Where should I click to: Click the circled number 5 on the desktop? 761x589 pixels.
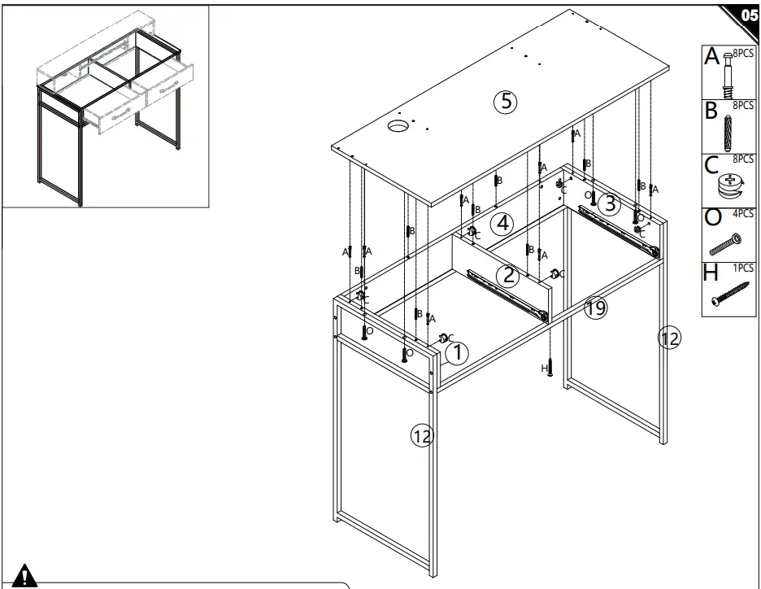coord(505,102)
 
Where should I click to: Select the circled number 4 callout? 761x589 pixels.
coord(502,224)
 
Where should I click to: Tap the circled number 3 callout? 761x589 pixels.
coord(609,203)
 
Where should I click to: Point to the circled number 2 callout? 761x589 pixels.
coord(507,275)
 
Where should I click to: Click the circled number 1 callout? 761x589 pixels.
coord(457,353)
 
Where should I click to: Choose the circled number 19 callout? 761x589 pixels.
coord(595,308)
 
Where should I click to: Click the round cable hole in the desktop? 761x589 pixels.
coord(398,127)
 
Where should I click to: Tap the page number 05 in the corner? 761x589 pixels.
coord(749,15)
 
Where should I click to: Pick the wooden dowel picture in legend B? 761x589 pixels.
coord(728,133)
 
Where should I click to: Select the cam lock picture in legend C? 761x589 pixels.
coord(730,186)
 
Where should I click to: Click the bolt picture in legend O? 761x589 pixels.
coord(725,244)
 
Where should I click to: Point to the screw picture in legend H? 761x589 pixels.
coord(730,294)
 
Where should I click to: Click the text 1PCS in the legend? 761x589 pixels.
coord(743,268)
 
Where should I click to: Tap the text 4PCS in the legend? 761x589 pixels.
coord(743,214)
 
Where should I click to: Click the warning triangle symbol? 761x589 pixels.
coord(24,575)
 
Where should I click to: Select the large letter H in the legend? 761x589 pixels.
coord(711,273)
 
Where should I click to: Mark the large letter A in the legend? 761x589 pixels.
coord(711,56)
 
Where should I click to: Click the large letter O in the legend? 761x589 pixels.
coord(712,218)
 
